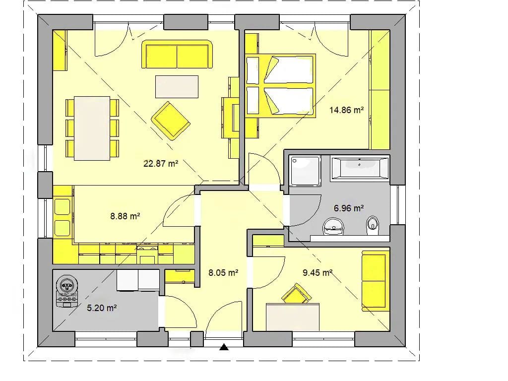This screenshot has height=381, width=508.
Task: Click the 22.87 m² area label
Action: pyautogui.click(x=161, y=164)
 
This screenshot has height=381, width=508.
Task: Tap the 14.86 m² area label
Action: pyautogui.click(x=346, y=110)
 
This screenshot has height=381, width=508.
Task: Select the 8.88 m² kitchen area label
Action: pyautogui.click(x=125, y=216)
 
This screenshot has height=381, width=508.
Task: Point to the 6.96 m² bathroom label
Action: pyautogui.click(x=349, y=208)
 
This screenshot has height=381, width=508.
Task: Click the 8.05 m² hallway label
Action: pyautogui.click(x=223, y=273)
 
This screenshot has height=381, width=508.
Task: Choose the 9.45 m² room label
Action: pyautogui.click(x=317, y=273)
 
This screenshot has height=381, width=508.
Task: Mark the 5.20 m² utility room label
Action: pyautogui.click(x=102, y=308)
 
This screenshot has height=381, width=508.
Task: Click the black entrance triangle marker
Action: pyautogui.click(x=224, y=347)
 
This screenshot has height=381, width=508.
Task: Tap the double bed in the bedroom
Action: pyautogui.click(x=281, y=85)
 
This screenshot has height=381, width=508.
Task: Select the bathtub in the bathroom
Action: pyautogui.click(x=360, y=168)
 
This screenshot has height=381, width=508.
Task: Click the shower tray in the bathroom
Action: pyautogui.click(x=305, y=171)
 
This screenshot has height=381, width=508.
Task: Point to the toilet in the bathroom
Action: pyautogui.click(x=373, y=225)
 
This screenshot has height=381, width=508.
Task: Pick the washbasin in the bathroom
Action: pyautogui.click(x=333, y=226)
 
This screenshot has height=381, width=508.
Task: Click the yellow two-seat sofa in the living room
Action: pyautogui.click(x=177, y=55)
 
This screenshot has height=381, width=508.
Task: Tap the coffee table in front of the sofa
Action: pyautogui.click(x=177, y=86)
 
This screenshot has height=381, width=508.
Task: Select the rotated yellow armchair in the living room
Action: pyautogui.click(x=171, y=121)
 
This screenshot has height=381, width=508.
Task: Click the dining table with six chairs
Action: pyautogui.click(x=92, y=128)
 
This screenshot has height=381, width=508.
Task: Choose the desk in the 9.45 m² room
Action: pyautogui.click(x=293, y=317)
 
